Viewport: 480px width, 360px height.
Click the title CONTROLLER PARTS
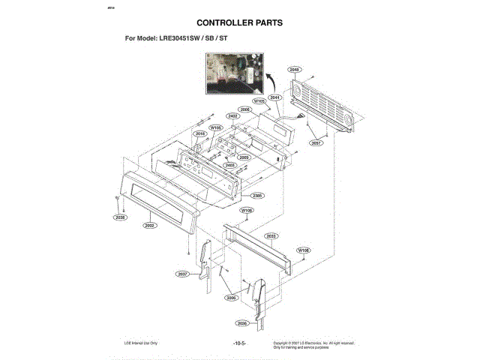point(239,22)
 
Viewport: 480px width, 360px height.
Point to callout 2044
point(275,97)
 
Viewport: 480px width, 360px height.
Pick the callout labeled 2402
point(232,116)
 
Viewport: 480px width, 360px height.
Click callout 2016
point(200,134)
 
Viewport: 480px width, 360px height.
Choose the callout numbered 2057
point(316,142)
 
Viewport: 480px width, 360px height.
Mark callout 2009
point(244,157)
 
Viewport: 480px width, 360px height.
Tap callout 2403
point(230,165)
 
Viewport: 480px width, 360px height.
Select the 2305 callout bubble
point(256,195)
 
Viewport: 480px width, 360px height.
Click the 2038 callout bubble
point(120,217)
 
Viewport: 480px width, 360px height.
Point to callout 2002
point(149,224)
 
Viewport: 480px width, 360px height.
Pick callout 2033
point(271,236)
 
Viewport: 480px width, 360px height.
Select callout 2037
point(182,274)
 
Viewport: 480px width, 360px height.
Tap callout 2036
point(242,323)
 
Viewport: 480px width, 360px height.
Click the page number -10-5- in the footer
point(239,343)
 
